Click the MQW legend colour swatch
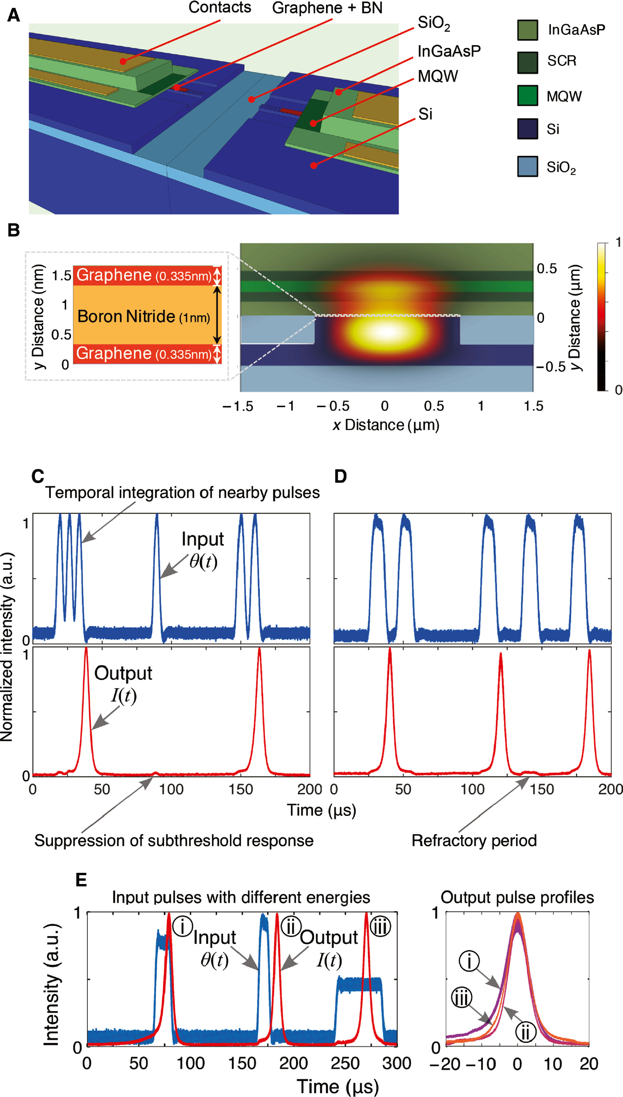(527, 96)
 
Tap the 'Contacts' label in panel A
(220, 7)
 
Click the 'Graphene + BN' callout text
(327, 8)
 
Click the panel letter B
(13, 230)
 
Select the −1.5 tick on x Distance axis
(238, 406)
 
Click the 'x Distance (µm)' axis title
(386, 425)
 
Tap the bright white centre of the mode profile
(386, 332)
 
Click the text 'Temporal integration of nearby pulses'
(182, 493)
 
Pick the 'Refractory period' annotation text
(474, 840)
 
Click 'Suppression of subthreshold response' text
(174, 840)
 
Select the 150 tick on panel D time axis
(541, 789)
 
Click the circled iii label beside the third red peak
(380, 928)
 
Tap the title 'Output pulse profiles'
(517, 898)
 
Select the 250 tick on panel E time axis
(345, 1063)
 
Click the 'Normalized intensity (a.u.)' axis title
(7, 647)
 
